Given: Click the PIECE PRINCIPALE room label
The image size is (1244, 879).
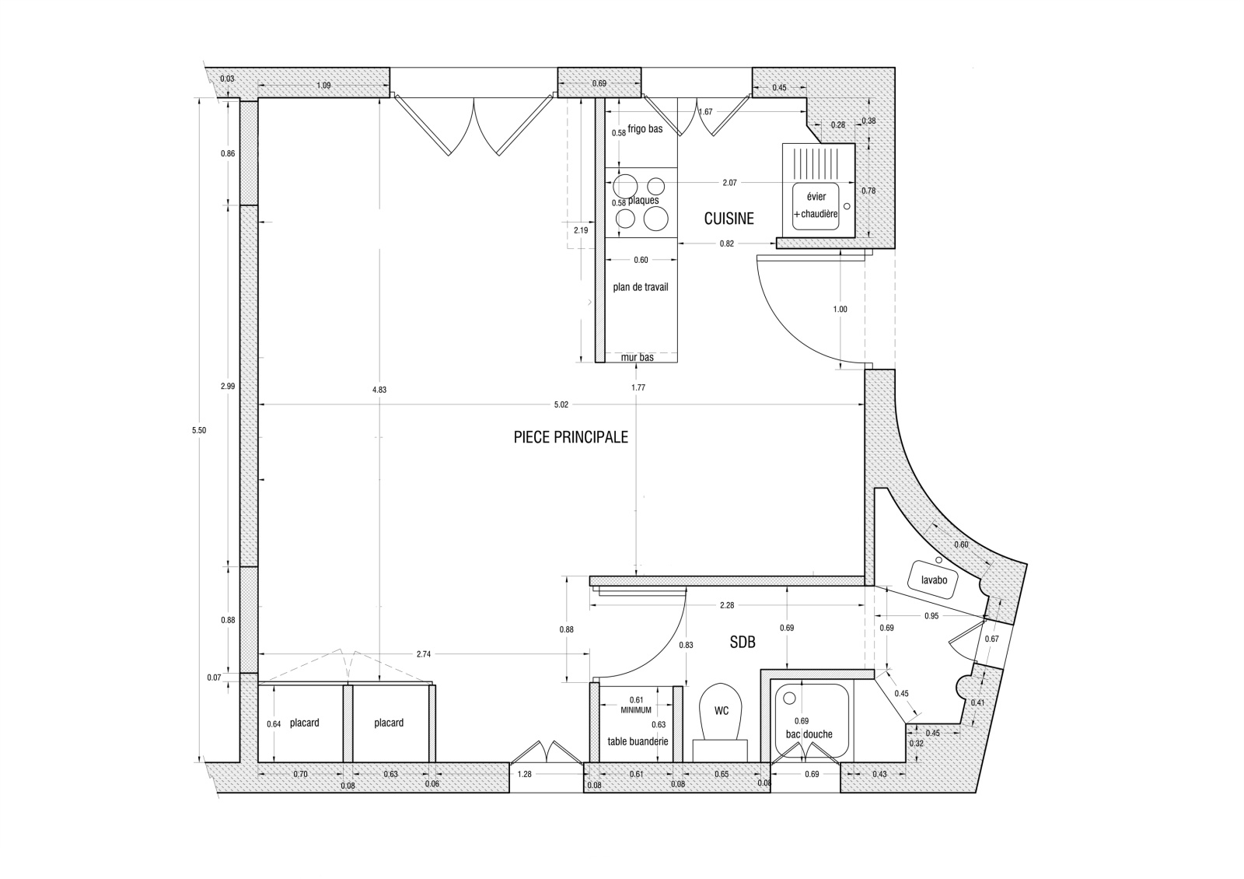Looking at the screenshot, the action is [x=571, y=437].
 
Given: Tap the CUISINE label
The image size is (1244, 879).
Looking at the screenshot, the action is [x=729, y=219].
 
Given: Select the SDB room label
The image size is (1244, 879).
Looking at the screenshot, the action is [x=743, y=643].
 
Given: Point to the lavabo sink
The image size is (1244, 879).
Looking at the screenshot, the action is [x=935, y=580].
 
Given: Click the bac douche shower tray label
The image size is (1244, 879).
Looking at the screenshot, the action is [x=809, y=734].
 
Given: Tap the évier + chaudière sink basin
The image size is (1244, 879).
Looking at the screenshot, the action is [x=816, y=207].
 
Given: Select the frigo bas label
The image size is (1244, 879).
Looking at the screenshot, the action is [x=645, y=129].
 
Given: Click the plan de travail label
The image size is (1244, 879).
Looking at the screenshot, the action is [x=641, y=287].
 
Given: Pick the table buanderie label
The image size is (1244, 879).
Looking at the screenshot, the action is [x=638, y=742].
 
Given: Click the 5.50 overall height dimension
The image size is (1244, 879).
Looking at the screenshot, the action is [x=199, y=431].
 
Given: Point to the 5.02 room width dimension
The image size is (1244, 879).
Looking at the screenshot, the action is [x=561, y=405].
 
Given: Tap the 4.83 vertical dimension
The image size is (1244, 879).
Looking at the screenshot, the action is [x=379, y=390].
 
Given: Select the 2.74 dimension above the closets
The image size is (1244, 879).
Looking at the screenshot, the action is [x=424, y=654].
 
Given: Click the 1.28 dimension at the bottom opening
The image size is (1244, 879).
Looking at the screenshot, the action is [x=524, y=775].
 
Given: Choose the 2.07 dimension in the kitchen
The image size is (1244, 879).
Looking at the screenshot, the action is [x=730, y=183].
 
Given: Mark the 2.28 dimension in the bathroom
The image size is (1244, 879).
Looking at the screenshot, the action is [x=727, y=606].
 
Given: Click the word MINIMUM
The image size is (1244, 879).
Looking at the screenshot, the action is [x=636, y=710].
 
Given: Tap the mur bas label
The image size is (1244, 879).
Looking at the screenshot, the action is [x=637, y=358].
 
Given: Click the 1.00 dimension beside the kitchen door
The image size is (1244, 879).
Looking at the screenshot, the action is [x=840, y=310].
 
